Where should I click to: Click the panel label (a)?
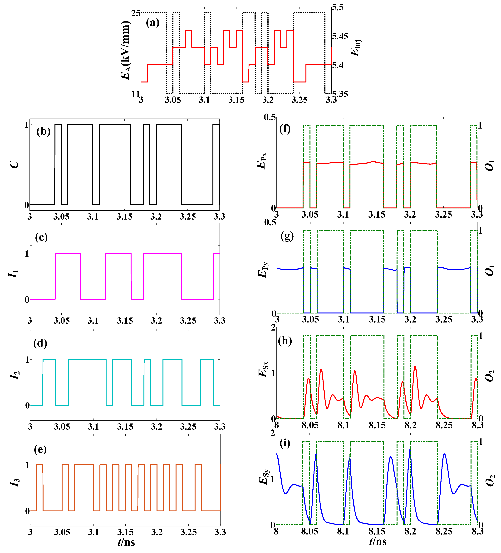tap(153, 23)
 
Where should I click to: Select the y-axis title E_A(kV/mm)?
tap(125, 50)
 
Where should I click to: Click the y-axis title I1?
tap(14, 274)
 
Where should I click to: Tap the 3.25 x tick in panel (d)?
tap(188, 427)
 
